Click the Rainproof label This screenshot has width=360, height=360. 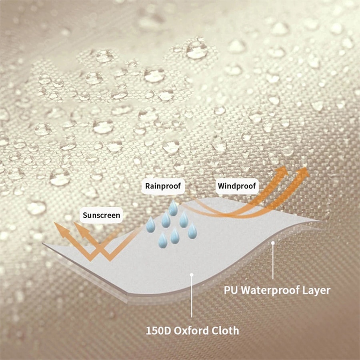tap(163, 186)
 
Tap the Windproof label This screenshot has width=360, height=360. tap(237, 186)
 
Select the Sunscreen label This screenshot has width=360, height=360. tap(101, 215)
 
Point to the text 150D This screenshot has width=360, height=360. tap(159, 331)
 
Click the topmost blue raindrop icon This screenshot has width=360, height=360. tap(173, 208)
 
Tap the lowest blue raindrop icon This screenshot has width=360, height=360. tap(163, 241)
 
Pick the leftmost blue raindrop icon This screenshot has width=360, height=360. tap(151, 225)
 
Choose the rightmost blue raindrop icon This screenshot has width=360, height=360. tap(192, 231)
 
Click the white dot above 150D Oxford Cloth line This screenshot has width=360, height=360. tap(192, 274)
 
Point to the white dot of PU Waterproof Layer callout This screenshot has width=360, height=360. tap(273, 243)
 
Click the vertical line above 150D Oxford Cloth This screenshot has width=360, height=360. tap(192, 296)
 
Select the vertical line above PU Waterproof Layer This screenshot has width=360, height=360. tap(273, 262)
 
